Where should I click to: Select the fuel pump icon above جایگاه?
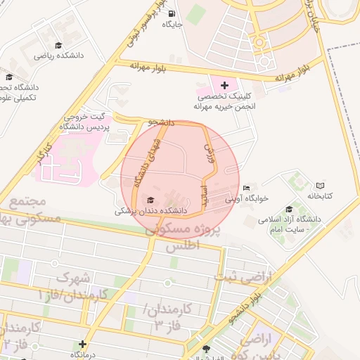(172, 13)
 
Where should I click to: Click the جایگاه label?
(172, 24)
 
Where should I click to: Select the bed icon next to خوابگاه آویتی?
(246, 188)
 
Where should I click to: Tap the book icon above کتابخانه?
(321, 185)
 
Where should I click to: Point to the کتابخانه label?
(323, 195)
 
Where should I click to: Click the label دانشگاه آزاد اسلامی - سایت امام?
(289, 224)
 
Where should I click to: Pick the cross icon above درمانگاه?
(83, 344)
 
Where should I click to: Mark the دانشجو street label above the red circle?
(161, 122)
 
